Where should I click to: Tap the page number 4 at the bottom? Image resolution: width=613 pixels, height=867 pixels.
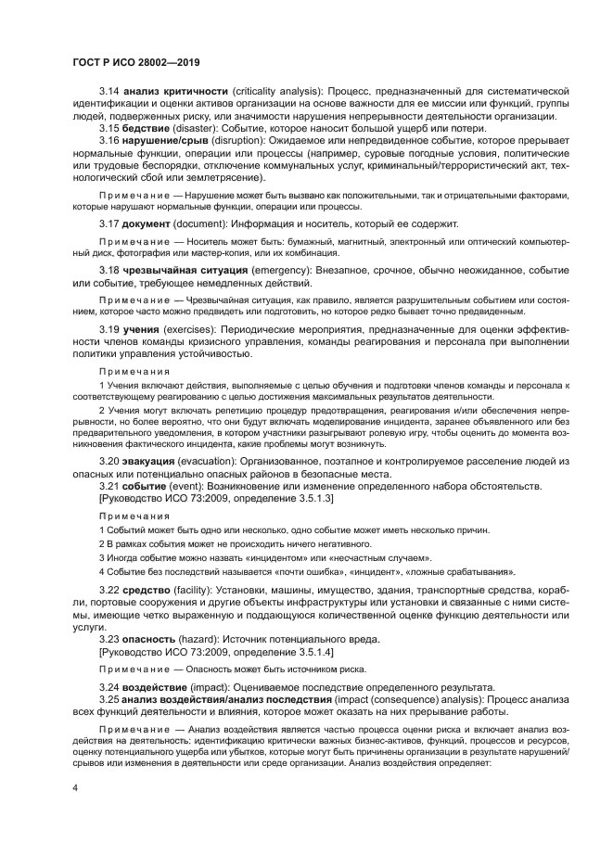tap(74, 787)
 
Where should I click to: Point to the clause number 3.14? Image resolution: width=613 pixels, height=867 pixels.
tap(109, 92)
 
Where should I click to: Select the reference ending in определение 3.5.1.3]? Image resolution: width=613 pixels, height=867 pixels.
tap(209, 499)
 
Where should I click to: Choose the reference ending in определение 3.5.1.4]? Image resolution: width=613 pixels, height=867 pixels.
tap(209, 652)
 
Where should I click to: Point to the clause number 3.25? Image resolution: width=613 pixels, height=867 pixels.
tap(109, 697)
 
